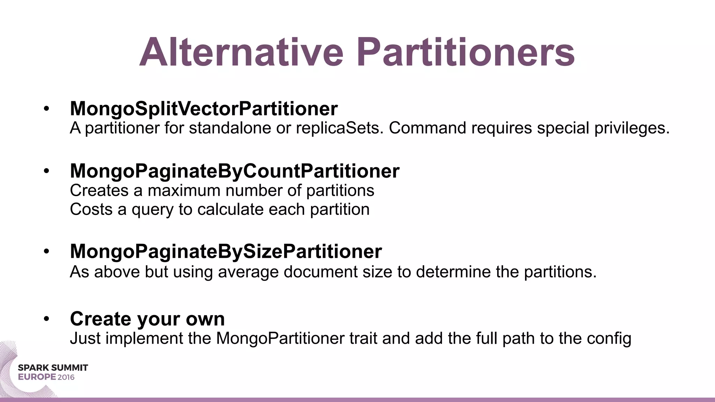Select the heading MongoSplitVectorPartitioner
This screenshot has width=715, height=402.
pyautogui.click(x=204, y=109)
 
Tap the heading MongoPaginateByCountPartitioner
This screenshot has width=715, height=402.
pyautogui.click(x=235, y=171)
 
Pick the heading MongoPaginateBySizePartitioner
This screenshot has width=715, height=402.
pyautogui.click(x=226, y=251)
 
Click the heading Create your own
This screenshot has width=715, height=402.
pyautogui.click(x=147, y=319)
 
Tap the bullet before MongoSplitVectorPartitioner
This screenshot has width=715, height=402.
pyautogui.click(x=46, y=109)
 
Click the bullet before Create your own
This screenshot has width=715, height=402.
pyautogui.click(x=46, y=319)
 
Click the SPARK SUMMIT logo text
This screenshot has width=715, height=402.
pyautogui.click(x=53, y=368)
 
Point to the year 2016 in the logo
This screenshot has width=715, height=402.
pyautogui.click(x=66, y=377)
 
